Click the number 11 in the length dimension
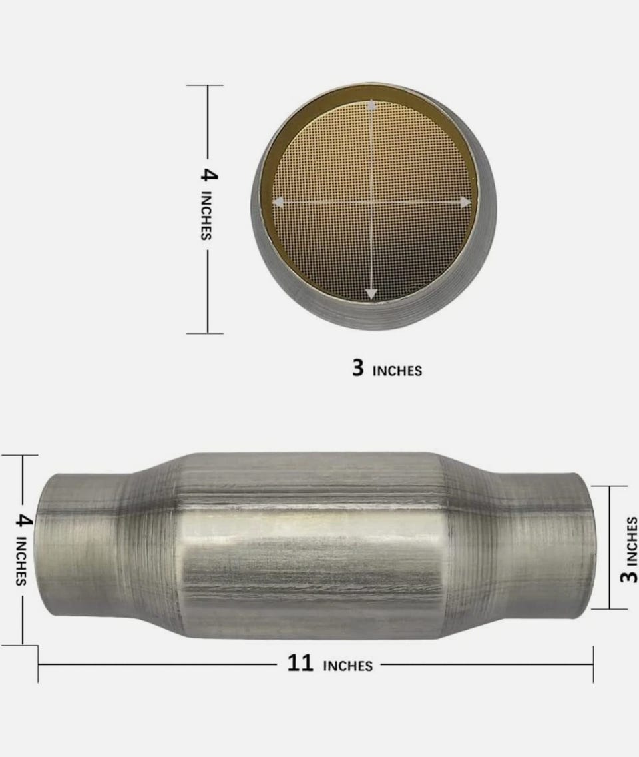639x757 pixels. (x=300, y=663)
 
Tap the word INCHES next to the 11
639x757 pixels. (x=347, y=666)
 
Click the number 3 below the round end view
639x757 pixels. (x=358, y=367)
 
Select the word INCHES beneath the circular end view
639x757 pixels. (x=397, y=371)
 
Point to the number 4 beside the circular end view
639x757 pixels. (x=209, y=175)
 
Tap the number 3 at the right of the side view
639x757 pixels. (x=629, y=576)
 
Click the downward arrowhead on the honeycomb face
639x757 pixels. (x=371, y=293)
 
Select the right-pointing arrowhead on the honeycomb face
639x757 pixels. (x=465, y=203)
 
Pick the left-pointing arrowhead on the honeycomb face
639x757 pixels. (x=278, y=202)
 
